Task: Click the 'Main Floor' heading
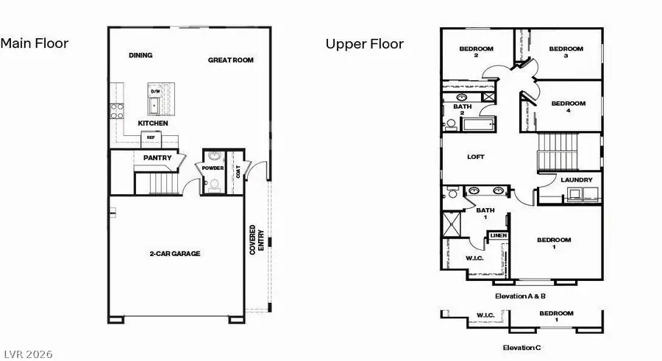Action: [x=35, y=43]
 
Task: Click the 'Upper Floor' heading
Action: [x=365, y=44]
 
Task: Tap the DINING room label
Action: [x=140, y=55]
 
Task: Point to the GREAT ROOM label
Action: [x=230, y=60]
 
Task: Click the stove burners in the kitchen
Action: [x=116, y=111]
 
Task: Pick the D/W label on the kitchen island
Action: [x=155, y=90]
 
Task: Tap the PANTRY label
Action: [x=157, y=157]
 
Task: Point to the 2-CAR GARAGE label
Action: [x=175, y=254]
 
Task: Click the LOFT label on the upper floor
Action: [x=476, y=157]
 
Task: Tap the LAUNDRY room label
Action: [x=576, y=180]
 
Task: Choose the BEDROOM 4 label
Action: [x=569, y=107]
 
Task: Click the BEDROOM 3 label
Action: [x=566, y=52]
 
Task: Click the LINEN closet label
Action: [x=499, y=235]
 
